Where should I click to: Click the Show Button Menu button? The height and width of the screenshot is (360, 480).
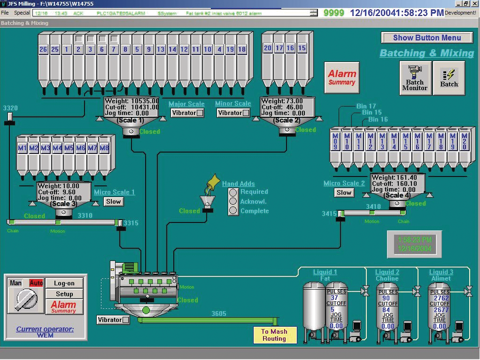coord(426,38)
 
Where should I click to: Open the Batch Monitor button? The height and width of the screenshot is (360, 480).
coord(415,78)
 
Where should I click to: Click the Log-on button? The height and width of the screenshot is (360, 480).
coord(64,283)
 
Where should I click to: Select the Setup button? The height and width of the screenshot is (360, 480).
coord(64,294)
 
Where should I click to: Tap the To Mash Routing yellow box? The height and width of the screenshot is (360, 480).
coord(274,335)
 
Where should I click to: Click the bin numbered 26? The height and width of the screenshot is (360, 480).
coord(43,49)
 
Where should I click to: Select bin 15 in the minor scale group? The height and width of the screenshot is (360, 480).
coord(302,48)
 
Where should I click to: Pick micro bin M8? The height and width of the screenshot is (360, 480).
coord(104,148)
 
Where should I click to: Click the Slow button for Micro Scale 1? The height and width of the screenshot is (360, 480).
coord(113,201)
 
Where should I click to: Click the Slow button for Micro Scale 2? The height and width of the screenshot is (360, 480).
coord(344,192)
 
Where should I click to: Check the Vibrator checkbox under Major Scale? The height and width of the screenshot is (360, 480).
coord(200,113)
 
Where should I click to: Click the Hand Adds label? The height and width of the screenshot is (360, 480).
coord(238,184)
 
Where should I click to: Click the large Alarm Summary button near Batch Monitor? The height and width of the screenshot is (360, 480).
coord(342,77)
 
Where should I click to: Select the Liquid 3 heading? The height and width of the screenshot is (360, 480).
coord(441,272)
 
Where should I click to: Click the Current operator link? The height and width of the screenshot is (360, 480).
coord(45,329)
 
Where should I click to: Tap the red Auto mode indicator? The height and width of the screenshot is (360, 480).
coord(36,283)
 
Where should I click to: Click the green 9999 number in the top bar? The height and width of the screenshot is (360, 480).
coord(333,13)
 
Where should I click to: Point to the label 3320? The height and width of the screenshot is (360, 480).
coord(10,108)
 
